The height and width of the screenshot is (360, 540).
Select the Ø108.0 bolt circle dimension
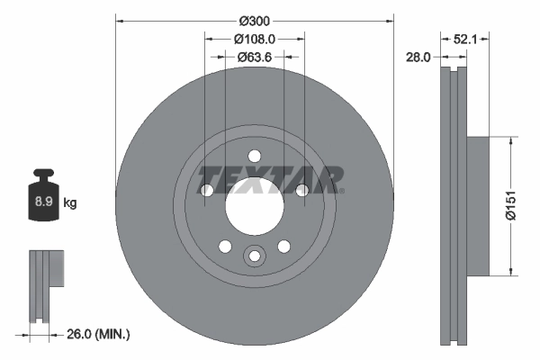coord(254,39)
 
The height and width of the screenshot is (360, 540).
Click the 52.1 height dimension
coord(464,39)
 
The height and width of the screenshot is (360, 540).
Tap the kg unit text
coord(70,203)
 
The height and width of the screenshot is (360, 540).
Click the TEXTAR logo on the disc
coord(270,179)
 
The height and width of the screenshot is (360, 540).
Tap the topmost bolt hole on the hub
coord(254,155)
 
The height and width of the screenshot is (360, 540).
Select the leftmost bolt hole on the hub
coord(206,190)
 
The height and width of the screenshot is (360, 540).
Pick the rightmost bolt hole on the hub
coord(301,189)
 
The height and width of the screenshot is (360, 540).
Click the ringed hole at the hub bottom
coord(254,257)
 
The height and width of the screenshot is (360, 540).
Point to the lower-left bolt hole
coord(224,246)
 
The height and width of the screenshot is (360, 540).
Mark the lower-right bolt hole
coord(283,246)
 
